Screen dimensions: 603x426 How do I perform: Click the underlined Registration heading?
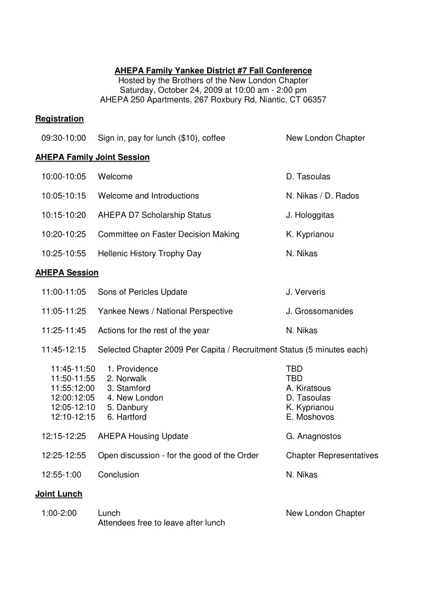(59, 119)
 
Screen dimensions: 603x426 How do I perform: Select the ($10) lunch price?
(189, 138)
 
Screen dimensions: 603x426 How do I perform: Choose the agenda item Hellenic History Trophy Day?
(150, 254)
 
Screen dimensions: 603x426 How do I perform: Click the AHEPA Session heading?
(67, 273)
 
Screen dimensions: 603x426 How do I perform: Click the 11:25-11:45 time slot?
(64, 331)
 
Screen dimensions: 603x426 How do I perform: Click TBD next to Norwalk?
(294, 379)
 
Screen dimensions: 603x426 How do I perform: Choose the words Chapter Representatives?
(332, 456)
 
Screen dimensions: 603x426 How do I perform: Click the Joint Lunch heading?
(59, 494)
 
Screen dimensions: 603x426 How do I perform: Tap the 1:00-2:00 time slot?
(59, 514)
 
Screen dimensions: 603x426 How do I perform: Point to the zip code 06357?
(313, 100)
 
